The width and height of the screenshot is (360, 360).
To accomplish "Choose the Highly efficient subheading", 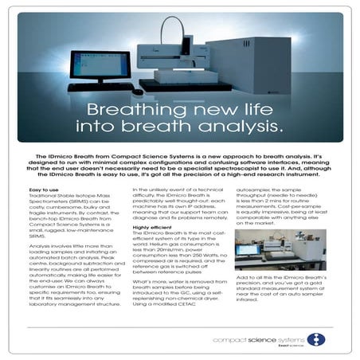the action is point(150,228).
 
